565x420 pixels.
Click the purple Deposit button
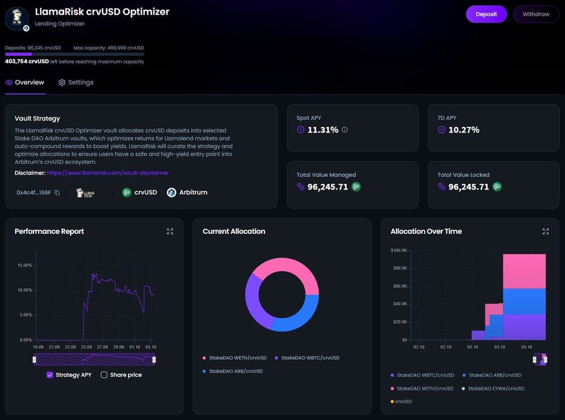[x=486, y=14]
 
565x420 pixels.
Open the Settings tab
[x=76, y=83]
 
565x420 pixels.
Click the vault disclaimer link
[x=108, y=173]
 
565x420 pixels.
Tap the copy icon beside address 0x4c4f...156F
[x=57, y=193]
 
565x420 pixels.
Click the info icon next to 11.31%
[x=345, y=130]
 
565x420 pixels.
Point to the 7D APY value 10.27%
[x=464, y=130]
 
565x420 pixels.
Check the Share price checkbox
[x=104, y=375]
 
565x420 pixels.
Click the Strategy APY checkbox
[x=50, y=375]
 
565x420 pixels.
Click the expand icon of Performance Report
[x=170, y=232]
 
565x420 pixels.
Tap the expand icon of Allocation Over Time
[x=545, y=232]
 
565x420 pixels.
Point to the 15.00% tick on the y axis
[x=25, y=265]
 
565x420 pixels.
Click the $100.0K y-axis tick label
[x=399, y=250]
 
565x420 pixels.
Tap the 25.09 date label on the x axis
[x=86, y=347]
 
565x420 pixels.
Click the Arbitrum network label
[x=193, y=193]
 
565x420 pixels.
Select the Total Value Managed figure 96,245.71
[x=328, y=187]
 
